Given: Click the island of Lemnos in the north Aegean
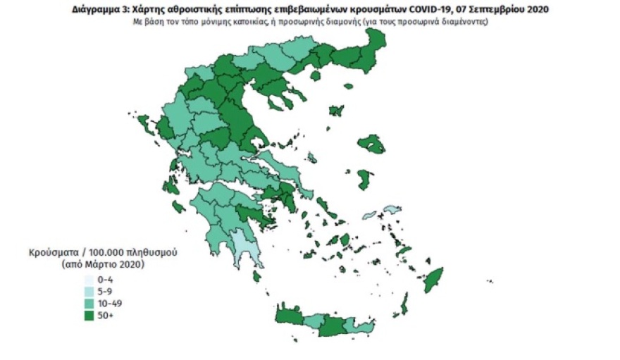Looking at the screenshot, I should [x=337, y=111].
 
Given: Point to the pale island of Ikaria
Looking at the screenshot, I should [x=391, y=210].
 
